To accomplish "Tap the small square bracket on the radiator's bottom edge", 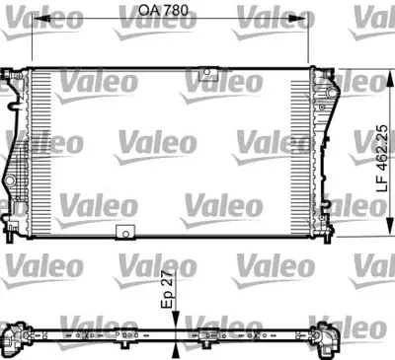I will (125, 233).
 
